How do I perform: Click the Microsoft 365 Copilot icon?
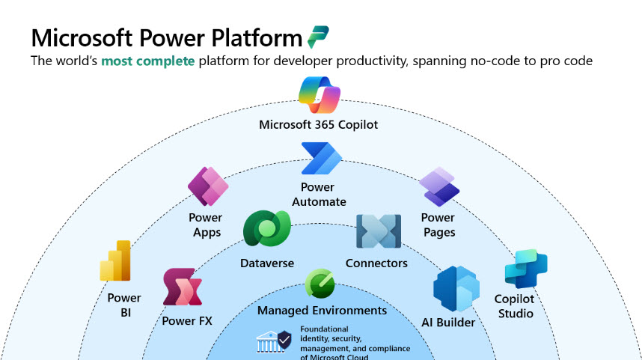(320, 95)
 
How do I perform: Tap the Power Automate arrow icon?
(321, 158)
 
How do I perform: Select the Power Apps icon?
(207, 187)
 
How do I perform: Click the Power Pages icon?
(438, 186)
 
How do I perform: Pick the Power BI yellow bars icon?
(116, 260)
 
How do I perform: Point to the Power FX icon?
(183, 288)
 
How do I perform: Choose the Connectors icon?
(379, 231)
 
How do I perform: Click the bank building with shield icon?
(274, 341)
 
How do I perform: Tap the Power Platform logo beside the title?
(318, 37)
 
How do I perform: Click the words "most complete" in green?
(148, 61)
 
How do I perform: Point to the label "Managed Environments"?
(322, 310)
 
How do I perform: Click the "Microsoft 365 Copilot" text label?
(319, 124)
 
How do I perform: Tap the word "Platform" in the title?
(254, 37)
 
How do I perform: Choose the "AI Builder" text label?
(447, 323)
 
